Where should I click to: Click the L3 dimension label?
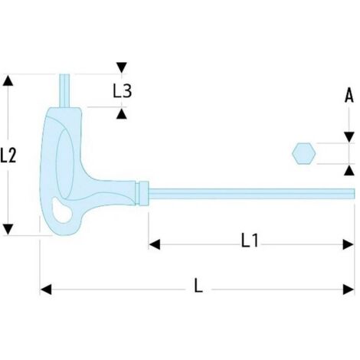click(123, 90)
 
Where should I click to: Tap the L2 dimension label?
click(8, 155)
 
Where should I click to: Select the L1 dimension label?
click(250, 241)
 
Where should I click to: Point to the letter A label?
click(349, 95)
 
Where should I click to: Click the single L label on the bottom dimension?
click(198, 285)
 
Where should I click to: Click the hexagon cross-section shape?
click(304, 153)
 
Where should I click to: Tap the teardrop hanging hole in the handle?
click(61, 210)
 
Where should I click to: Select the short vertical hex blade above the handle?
click(64, 90)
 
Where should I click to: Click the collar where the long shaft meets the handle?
click(142, 193)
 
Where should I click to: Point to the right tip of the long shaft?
click(355, 194)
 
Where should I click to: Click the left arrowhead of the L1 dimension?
click(155, 244)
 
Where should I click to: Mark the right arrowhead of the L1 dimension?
click(349, 244)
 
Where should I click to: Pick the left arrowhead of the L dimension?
click(46, 290)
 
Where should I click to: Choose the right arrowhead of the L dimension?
click(349, 290)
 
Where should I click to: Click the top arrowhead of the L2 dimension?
click(8, 80)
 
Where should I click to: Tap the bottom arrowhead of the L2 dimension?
click(8, 229)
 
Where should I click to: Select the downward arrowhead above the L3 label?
click(122, 67)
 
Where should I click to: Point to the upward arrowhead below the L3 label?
click(122, 113)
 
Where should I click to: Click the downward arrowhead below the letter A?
click(349, 137)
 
